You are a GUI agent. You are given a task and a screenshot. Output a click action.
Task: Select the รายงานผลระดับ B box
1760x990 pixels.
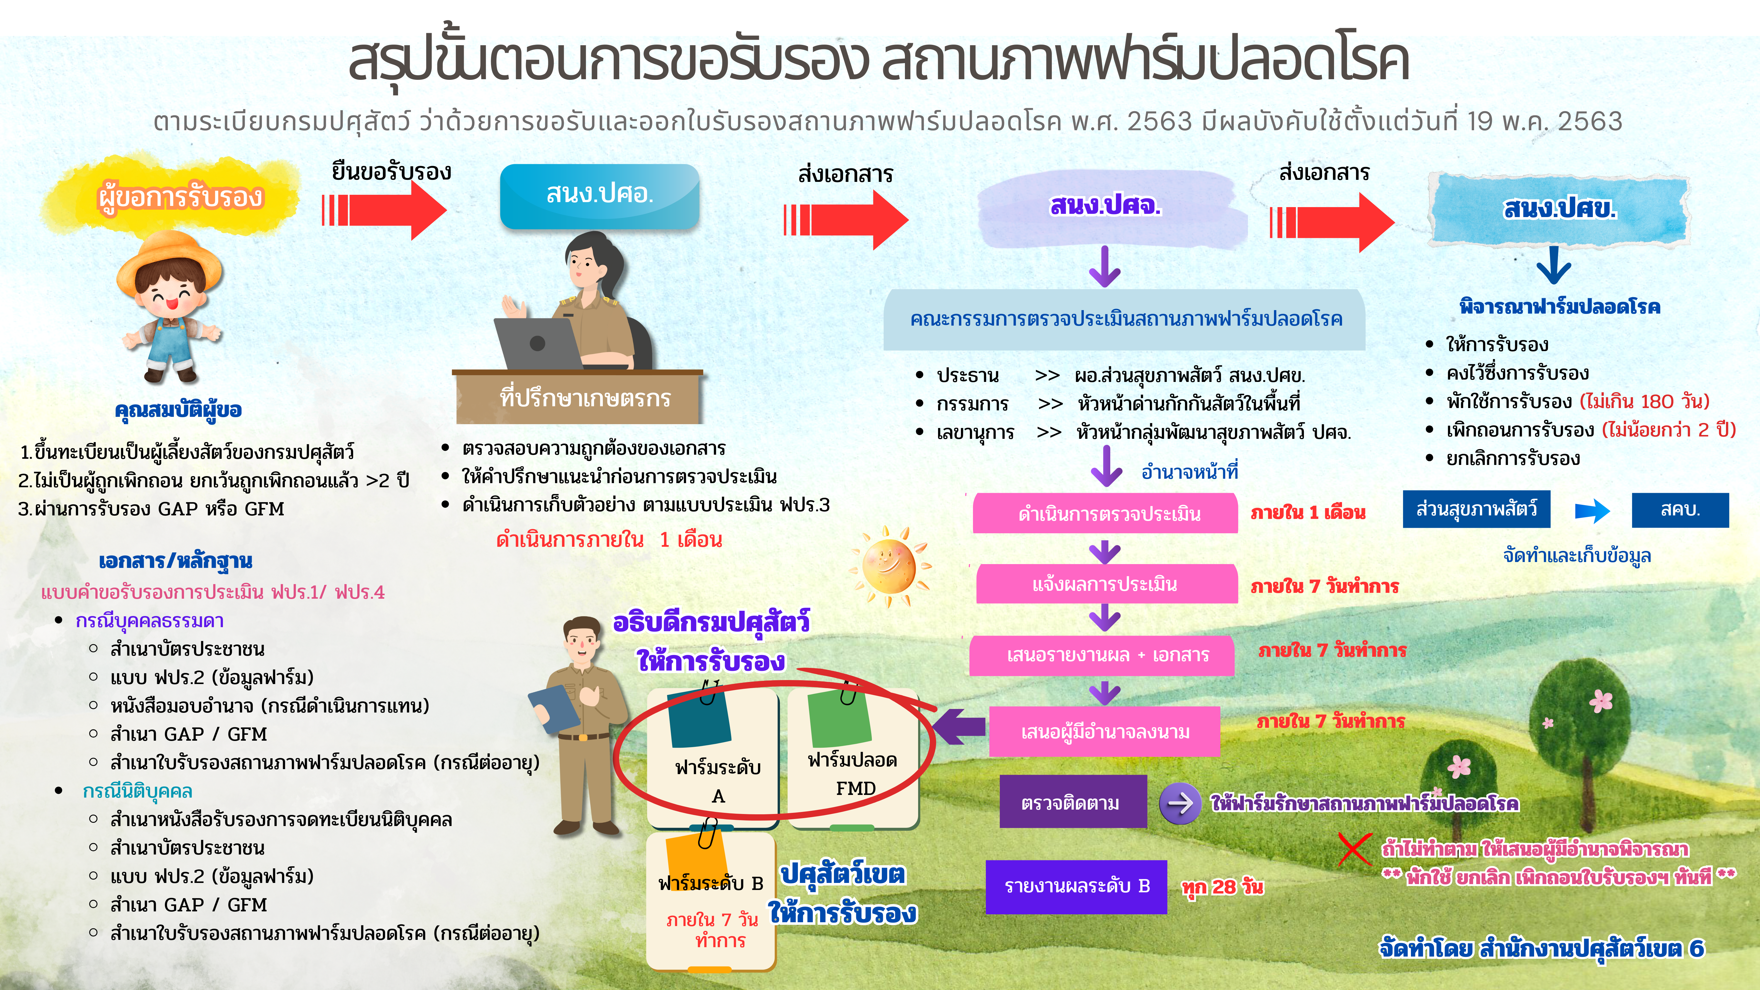pos(1076,886)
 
